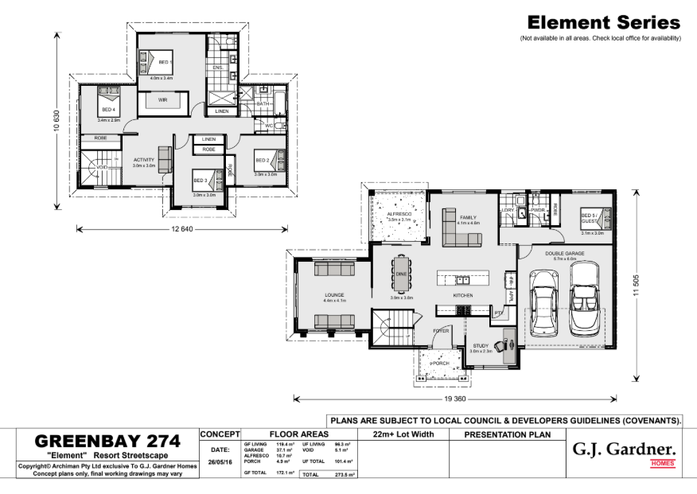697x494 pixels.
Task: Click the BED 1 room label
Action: [x=165, y=61]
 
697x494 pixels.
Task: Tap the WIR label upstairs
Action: [x=162, y=100]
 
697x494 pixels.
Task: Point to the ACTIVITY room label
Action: [x=143, y=159]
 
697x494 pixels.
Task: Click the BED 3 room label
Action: [x=201, y=181]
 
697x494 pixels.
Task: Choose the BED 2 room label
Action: [x=262, y=160]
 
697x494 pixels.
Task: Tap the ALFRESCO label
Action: [x=399, y=214]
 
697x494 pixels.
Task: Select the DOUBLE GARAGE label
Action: [x=565, y=253]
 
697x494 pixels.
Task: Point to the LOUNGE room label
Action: [x=334, y=294]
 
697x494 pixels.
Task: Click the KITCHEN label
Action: [x=463, y=295]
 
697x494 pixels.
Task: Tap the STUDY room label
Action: [x=481, y=345]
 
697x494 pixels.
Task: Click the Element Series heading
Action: [x=603, y=23]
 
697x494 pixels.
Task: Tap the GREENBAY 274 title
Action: [x=107, y=441]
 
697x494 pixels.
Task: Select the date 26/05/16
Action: [x=219, y=460]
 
